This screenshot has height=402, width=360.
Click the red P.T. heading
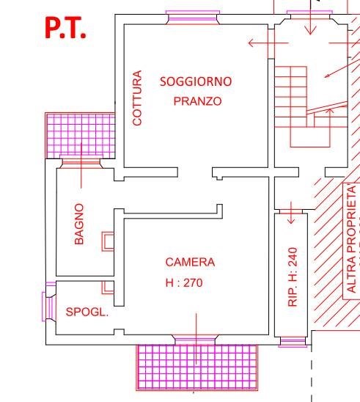(x=65, y=27)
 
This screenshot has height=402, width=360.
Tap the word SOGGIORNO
(x=196, y=81)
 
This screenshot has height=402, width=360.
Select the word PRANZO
(x=197, y=101)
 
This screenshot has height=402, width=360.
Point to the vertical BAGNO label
(x=79, y=224)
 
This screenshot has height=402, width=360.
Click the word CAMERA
(x=190, y=262)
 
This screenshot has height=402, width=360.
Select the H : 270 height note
(x=183, y=282)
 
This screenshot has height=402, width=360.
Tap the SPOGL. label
(x=87, y=312)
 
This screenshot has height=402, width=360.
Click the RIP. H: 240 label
(x=293, y=276)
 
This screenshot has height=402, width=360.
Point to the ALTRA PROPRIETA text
(x=351, y=238)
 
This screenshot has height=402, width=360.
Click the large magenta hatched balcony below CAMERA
(x=197, y=368)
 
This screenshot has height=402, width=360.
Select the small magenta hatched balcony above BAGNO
(x=80, y=135)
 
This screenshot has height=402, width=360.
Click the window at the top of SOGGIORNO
(x=192, y=15)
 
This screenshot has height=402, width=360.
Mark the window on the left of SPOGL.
(x=49, y=305)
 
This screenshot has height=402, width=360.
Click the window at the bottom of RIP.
(x=293, y=341)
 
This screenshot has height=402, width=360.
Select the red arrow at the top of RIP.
(x=291, y=213)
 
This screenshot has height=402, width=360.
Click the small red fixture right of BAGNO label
(x=107, y=241)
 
